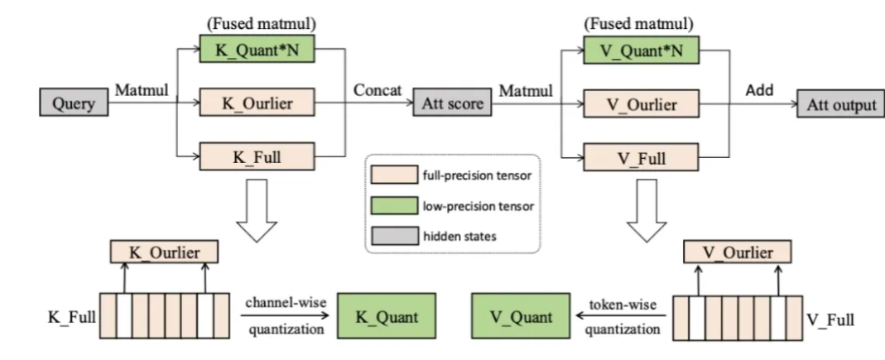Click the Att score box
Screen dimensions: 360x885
(448, 105)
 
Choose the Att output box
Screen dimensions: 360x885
(835, 105)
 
